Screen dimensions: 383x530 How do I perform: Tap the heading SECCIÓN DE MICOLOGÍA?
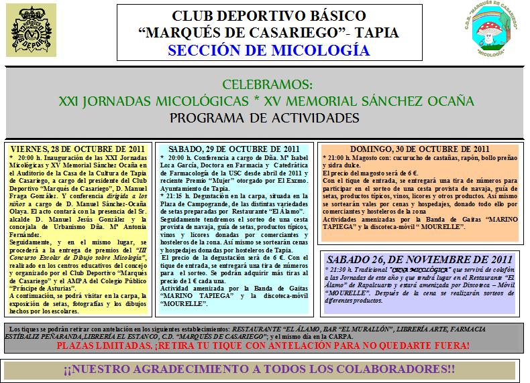click(x=268, y=51)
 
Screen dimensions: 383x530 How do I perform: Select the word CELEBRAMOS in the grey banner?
click(x=265, y=85)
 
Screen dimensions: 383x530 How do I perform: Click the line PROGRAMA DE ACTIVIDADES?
click(x=264, y=118)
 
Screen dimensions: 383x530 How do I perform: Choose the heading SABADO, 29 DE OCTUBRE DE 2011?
click(x=232, y=148)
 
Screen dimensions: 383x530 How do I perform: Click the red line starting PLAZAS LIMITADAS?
click(x=263, y=346)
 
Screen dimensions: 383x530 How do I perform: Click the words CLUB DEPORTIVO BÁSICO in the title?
click(x=269, y=15)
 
